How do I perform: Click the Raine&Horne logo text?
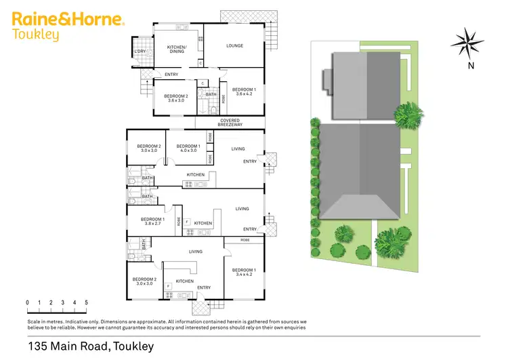point(68,20)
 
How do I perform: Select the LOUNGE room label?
point(234,46)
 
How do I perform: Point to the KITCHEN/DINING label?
point(176,49)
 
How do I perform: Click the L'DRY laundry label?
point(141,52)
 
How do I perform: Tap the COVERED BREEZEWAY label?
point(230,123)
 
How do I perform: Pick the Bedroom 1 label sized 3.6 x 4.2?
point(244,92)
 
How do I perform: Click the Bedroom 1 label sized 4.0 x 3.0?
point(188,148)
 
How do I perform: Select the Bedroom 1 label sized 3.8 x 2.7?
point(152,221)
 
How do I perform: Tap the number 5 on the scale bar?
point(86,302)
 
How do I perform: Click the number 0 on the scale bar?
point(28,302)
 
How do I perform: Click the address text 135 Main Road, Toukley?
point(91,346)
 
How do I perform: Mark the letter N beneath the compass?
point(469,66)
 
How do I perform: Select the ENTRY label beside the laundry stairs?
point(171,75)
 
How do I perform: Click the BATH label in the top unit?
point(211,94)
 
